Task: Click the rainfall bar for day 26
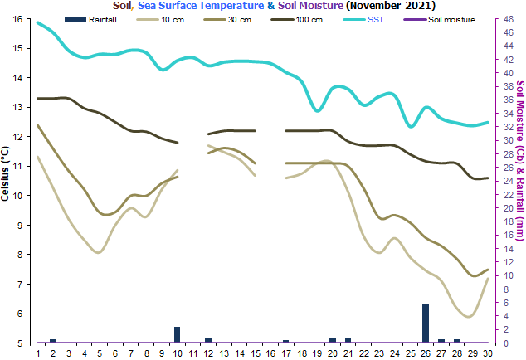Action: (426, 324)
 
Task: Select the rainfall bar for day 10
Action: (177, 335)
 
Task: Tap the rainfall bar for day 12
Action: (208, 340)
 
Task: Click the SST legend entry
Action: (363, 20)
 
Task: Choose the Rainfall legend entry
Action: (90, 20)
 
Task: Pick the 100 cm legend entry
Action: (296, 20)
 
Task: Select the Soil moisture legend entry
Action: (440, 20)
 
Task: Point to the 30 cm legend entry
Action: (227, 20)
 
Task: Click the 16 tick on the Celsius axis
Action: (17, 19)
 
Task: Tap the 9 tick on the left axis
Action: (19, 225)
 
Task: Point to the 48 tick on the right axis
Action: (509, 19)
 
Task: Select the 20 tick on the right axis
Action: (509, 208)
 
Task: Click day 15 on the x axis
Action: (256, 353)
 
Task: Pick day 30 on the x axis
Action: (488, 353)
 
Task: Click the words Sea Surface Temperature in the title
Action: (201, 5)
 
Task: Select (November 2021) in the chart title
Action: (391, 5)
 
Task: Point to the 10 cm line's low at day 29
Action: (469, 316)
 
